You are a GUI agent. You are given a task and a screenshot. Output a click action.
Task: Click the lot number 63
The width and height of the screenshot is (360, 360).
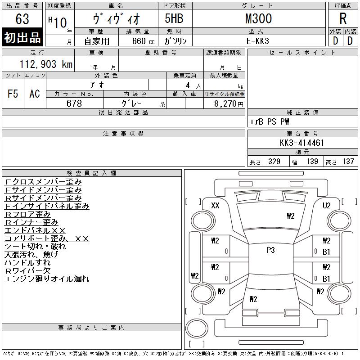pos(22,19)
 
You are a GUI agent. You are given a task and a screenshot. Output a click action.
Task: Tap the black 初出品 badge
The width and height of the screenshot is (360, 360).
pos(22,37)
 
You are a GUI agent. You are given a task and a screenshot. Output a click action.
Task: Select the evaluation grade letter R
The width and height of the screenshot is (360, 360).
pos(343,18)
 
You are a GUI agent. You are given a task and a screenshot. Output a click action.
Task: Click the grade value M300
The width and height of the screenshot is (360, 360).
pos(258,18)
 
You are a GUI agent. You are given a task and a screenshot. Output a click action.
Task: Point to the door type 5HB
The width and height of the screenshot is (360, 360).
pos(174,18)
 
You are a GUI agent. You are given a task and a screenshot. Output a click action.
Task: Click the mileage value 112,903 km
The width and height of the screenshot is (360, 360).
pos(46,64)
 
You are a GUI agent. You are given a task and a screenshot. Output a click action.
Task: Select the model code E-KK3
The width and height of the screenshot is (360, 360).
pos(257,41)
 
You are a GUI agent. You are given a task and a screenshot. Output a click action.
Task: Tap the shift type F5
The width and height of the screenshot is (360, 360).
pos(13,94)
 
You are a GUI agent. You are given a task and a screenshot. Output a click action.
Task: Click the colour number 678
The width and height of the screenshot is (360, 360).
pos(74,103)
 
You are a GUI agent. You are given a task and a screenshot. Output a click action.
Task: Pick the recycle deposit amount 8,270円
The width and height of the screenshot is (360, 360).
pos(229,104)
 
